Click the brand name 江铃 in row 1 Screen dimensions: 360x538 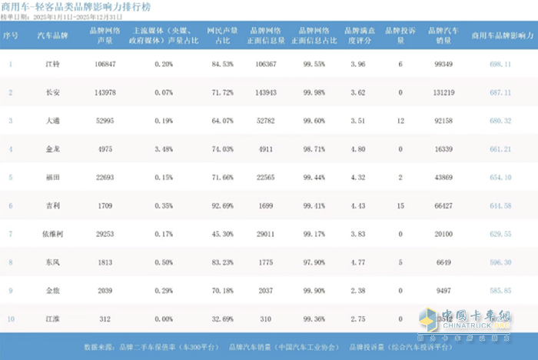coord(52,64)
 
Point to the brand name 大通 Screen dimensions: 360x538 coord(52,121)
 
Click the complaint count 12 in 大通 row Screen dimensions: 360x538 coord(400,121)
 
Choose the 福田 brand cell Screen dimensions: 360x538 coord(52,178)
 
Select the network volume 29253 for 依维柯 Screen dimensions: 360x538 coord(102,234)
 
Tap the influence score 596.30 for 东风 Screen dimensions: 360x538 coord(501,262)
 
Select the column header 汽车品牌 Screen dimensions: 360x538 coord(52,35)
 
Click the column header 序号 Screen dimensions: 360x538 coord(11,35)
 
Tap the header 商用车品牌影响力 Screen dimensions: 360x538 coord(501,35)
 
